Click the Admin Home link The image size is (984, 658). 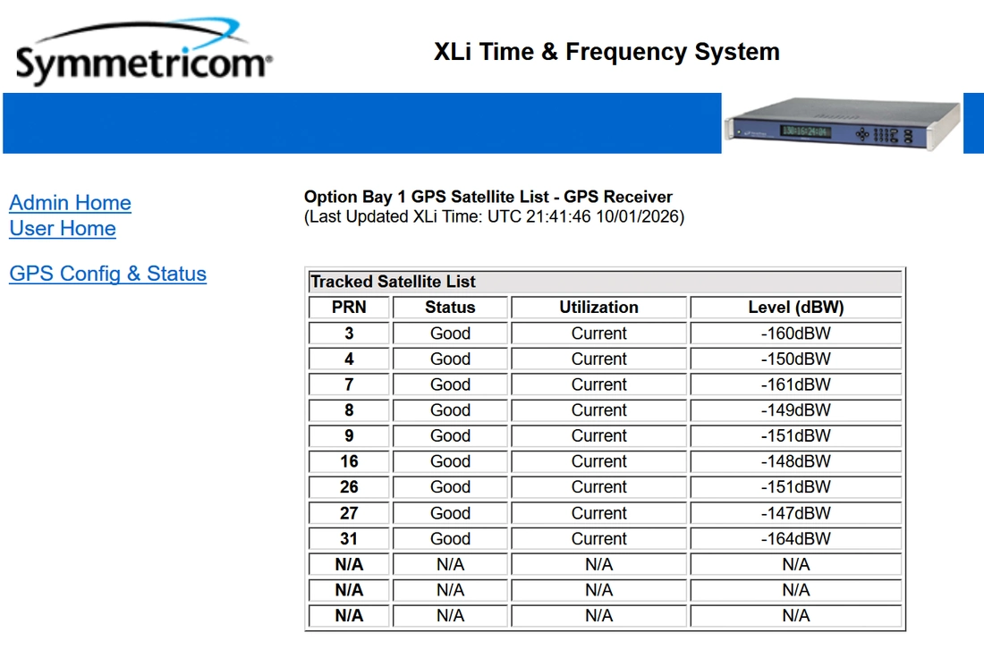click(x=71, y=203)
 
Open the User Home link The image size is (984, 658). click(x=63, y=228)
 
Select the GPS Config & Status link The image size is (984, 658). click(x=108, y=274)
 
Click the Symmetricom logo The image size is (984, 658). click(x=144, y=53)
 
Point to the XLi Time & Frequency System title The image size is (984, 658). click(x=607, y=52)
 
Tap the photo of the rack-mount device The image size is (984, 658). click(x=843, y=123)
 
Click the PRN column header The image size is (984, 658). click(x=349, y=308)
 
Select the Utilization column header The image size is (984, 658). click(x=598, y=308)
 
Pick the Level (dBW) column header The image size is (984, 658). click(x=796, y=308)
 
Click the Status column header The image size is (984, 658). click(x=450, y=308)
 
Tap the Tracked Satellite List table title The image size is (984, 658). click(x=394, y=282)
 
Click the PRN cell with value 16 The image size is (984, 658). click(x=349, y=461)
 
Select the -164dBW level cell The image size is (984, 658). click(x=796, y=539)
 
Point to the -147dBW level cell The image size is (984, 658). click(x=796, y=513)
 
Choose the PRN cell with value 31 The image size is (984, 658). click(x=349, y=539)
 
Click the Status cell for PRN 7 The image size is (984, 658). click(x=450, y=384)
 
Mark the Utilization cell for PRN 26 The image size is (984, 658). click(x=598, y=487)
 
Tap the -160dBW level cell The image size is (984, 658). click(x=796, y=333)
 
